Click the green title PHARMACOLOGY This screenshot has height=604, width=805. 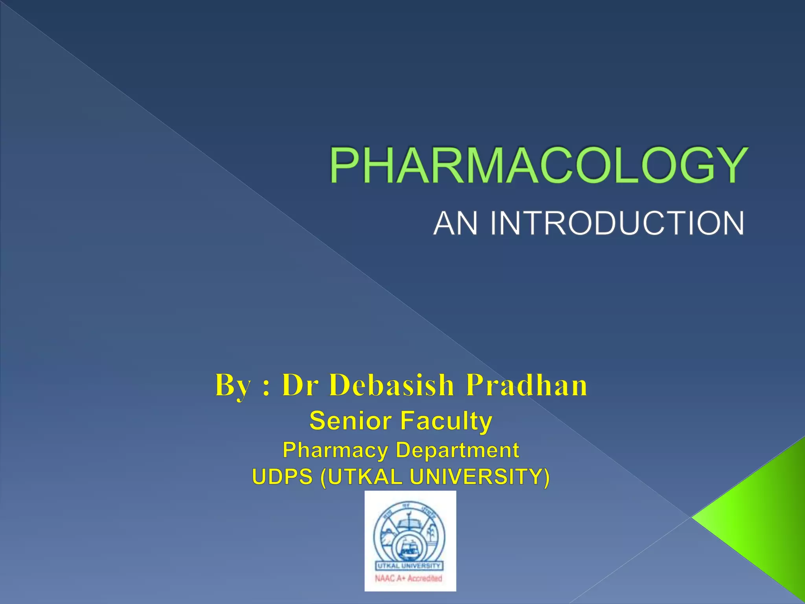click(538, 165)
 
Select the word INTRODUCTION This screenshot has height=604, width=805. click(617, 223)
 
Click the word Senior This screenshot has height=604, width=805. click(350, 421)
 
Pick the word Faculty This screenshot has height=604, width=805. click(446, 422)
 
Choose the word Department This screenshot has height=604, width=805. click(458, 450)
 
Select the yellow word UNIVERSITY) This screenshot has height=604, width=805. click(480, 477)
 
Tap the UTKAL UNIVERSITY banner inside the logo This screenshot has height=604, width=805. click(409, 566)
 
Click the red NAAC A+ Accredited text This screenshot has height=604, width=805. click(409, 578)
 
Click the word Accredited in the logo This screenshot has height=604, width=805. click(425, 578)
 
